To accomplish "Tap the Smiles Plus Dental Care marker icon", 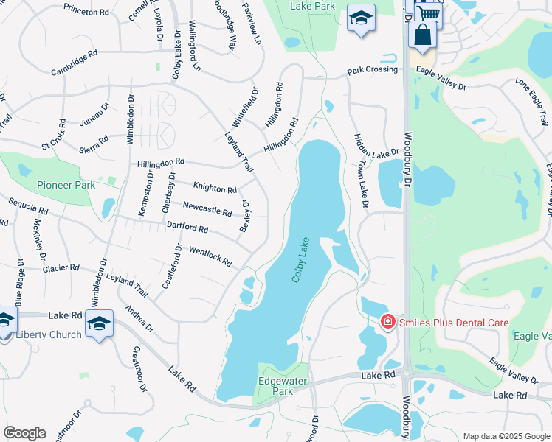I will click(387, 322).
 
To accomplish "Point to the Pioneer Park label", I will click(66, 185).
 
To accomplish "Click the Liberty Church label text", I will click(49, 334).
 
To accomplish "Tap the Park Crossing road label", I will click(373, 70).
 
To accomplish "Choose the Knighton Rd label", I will click(215, 189).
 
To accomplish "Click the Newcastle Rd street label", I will click(207, 210).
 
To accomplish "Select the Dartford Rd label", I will click(187, 228).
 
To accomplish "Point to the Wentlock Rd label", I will click(210, 257).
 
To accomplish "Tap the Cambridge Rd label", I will click(75, 63).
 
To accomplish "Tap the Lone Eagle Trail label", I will click(531, 99).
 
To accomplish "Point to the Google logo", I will click(24, 433).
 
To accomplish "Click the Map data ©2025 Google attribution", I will click(506, 436).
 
